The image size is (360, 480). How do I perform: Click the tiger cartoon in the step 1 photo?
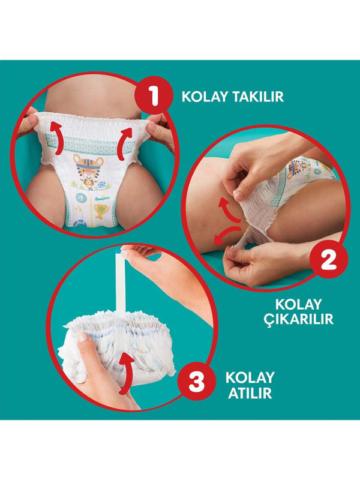click(x=88, y=169)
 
